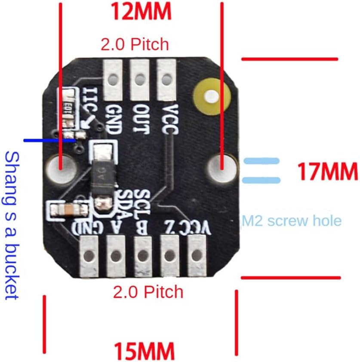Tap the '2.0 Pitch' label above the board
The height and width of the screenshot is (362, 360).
134,44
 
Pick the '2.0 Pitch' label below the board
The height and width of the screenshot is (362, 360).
148,292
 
